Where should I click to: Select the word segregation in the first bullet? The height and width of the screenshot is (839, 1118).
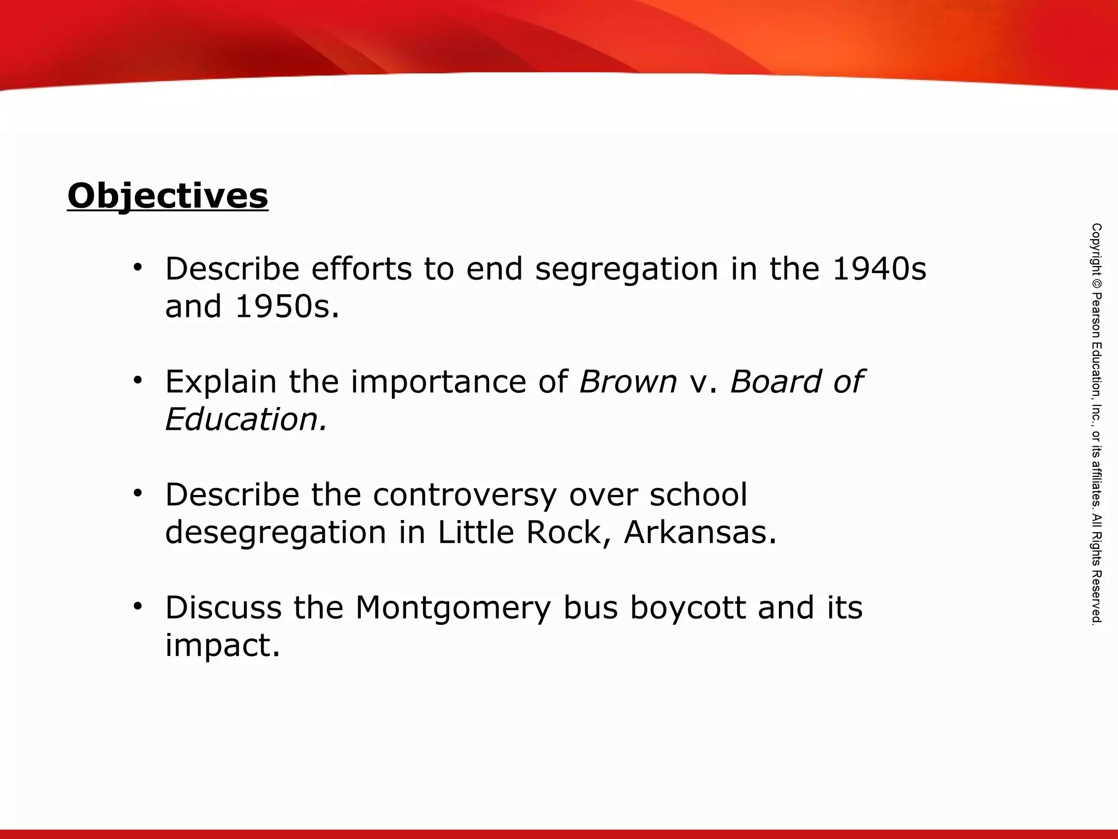(x=626, y=270)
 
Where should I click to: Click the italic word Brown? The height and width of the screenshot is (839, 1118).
(x=628, y=381)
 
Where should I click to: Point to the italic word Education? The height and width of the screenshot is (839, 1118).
(x=246, y=419)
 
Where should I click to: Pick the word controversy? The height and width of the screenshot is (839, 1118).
(x=465, y=495)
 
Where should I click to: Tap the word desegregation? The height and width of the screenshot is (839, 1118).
(x=276, y=533)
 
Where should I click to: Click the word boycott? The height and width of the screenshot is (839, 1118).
(x=687, y=608)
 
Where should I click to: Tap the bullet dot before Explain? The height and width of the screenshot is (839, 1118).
(x=138, y=380)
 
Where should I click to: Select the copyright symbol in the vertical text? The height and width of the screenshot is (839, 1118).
(x=1097, y=284)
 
